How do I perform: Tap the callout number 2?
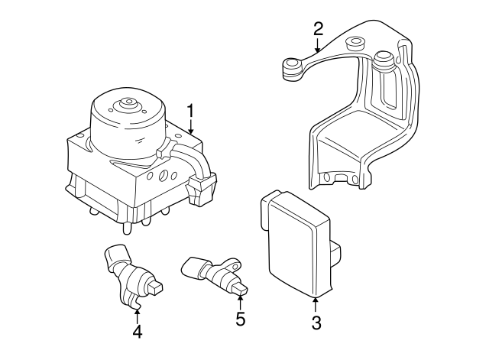pyautogui.click(x=319, y=29)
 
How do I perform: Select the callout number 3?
pyautogui.click(x=316, y=323)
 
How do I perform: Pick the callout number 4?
pyautogui.click(x=137, y=332)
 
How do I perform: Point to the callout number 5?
pyautogui.click(x=240, y=319)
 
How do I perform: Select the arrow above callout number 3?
pyautogui.click(x=316, y=302)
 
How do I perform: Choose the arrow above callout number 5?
pyautogui.click(x=240, y=299)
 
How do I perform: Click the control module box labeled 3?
pyautogui.click(x=294, y=241)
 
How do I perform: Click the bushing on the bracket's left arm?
pyautogui.click(x=290, y=69)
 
